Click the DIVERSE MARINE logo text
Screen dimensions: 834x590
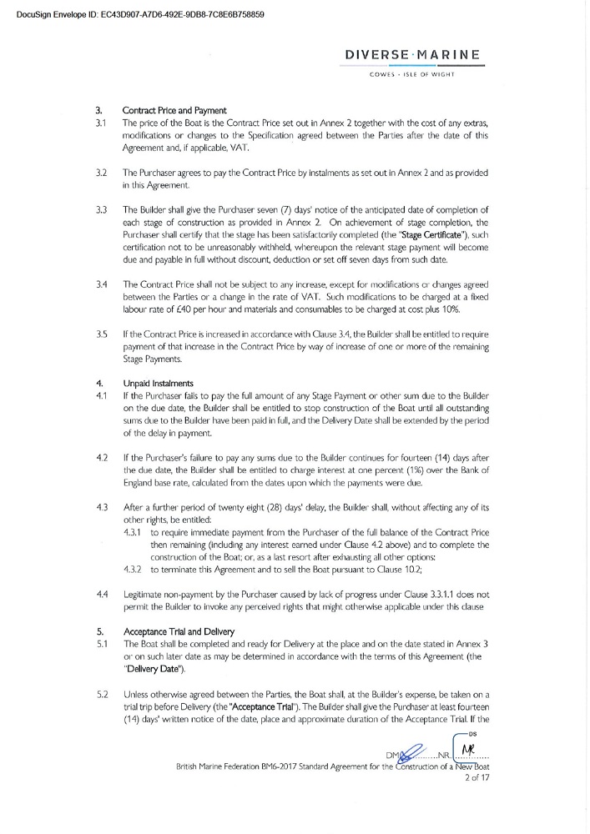(x=411, y=56)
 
